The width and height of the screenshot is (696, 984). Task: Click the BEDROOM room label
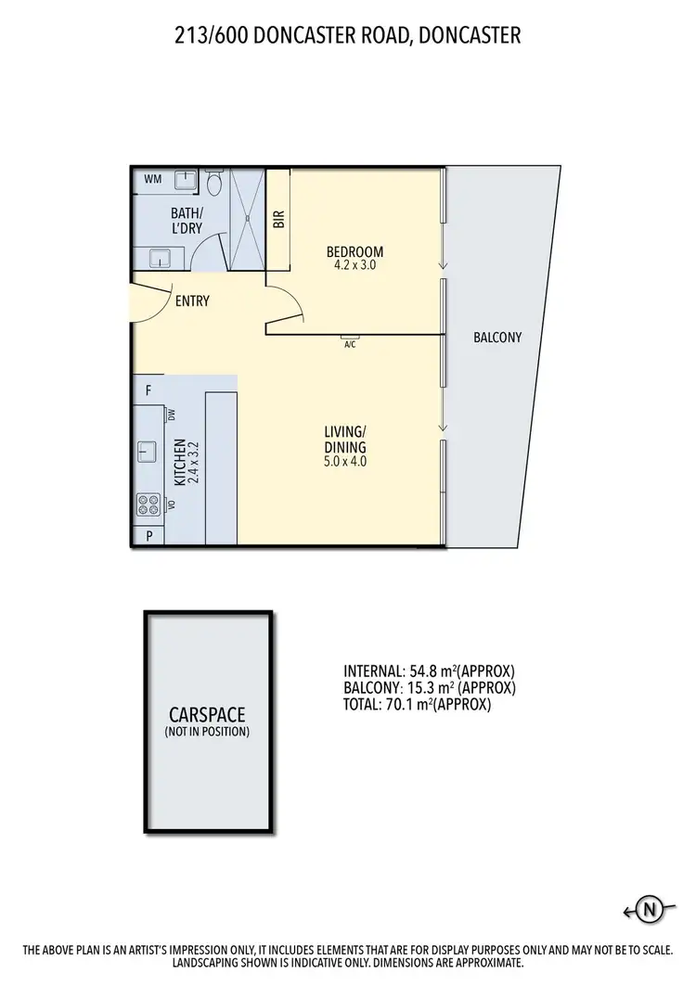click(x=354, y=251)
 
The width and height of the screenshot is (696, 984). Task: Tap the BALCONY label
click(x=497, y=338)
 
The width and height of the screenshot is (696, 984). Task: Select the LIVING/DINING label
click(x=345, y=438)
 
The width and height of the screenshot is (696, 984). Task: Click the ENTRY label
click(x=192, y=301)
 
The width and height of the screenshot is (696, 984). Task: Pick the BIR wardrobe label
click(x=278, y=220)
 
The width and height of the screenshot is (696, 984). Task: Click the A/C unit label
click(x=350, y=344)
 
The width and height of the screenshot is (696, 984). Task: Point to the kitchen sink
click(x=147, y=452)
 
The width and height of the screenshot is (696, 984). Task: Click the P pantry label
click(x=148, y=536)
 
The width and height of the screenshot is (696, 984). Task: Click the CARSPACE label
click(x=208, y=716)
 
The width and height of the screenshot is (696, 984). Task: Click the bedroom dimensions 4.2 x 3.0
click(x=354, y=264)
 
